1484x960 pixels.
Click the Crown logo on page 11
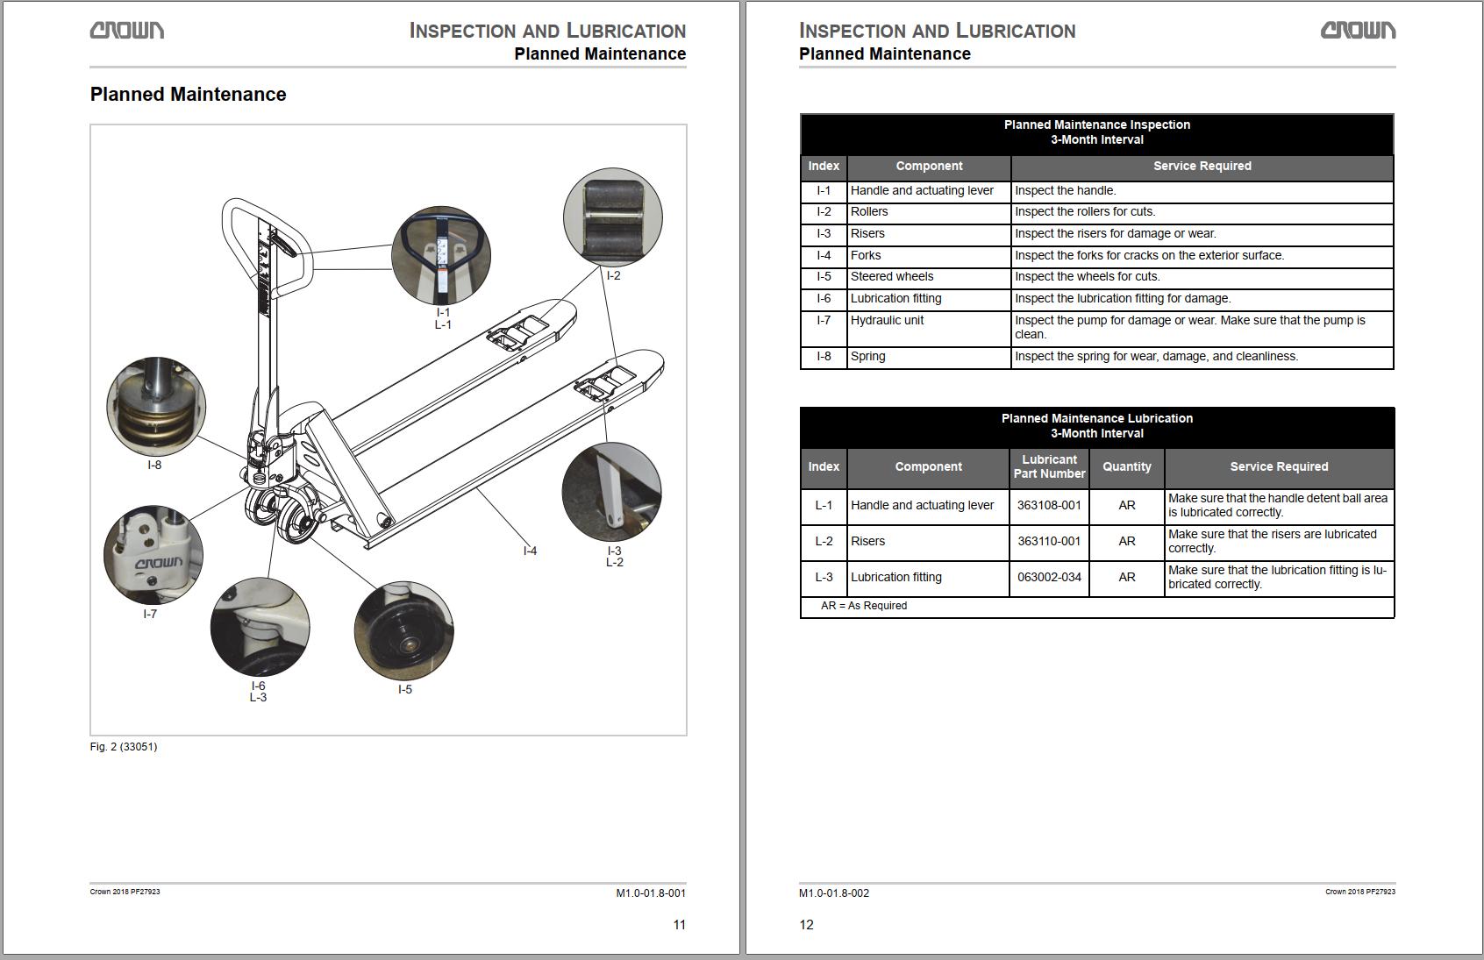pos(127,31)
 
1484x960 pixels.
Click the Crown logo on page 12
pos(1358,31)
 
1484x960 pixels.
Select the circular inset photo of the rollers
pos(613,217)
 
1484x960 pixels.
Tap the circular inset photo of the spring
pos(156,407)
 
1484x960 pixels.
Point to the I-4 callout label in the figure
pos(530,551)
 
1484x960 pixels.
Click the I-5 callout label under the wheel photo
pos(405,689)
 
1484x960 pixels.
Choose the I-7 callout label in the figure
pos(150,614)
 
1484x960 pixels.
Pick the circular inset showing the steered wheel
pos(404,631)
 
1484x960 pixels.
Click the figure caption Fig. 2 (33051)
pos(124,747)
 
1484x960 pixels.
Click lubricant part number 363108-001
pos(1049,505)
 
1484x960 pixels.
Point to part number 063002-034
pos(1049,578)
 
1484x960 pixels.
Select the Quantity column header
pos(1127,466)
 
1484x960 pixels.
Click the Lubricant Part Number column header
pos(1049,466)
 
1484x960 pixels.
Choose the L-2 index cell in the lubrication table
pos(824,542)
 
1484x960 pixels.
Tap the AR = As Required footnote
pos(864,606)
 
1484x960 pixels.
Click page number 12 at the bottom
pos(806,925)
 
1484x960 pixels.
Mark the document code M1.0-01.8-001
pos(651,893)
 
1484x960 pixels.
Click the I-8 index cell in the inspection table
pos(824,356)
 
